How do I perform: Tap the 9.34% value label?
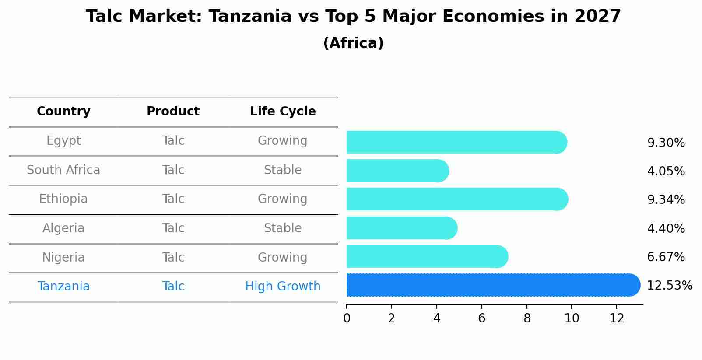point(666,200)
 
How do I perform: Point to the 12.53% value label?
point(669,286)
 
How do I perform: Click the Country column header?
point(63,112)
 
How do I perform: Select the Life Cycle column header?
point(283,112)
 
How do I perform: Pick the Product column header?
point(173,112)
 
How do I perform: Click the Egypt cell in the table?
point(63,141)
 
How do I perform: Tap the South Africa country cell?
point(63,170)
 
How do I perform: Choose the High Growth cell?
point(283,287)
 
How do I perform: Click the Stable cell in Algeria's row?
point(283,228)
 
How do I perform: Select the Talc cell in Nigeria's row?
point(173,258)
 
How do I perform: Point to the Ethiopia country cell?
point(63,199)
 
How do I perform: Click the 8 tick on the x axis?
point(527,318)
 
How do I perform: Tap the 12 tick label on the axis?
point(617,318)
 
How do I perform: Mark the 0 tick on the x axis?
point(347,318)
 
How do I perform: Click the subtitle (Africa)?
point(353,43)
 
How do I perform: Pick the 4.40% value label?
point(666,229)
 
